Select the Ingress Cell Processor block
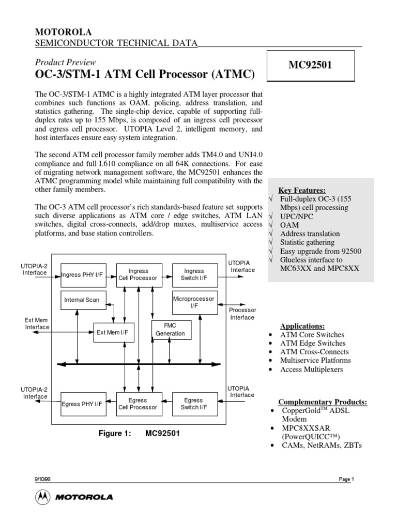(138, 274)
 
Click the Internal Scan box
(82, 300)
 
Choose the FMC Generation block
(170, 330)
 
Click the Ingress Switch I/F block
(194, 274)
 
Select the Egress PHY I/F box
(82, 404)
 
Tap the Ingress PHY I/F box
(82, 274)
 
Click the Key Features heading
(302, 190)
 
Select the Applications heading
(302, 326)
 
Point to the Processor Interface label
(242, 314)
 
